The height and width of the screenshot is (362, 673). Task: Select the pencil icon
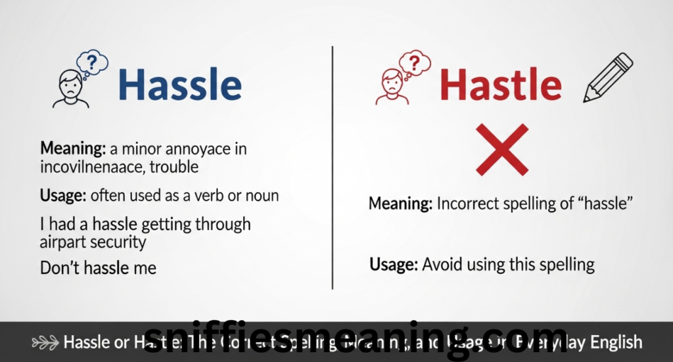(x=608, y=78)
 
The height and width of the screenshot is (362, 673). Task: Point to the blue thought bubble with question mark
(x=92, y=63)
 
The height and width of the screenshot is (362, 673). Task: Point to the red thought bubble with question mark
(x=415, y=63)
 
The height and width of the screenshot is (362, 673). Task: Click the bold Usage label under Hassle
(x=63, y=195)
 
